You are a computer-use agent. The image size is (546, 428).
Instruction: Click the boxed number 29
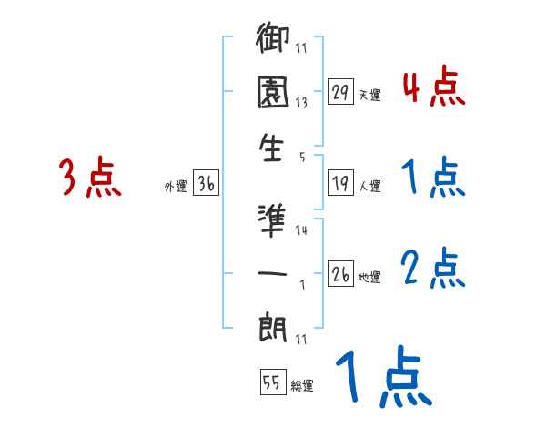340,92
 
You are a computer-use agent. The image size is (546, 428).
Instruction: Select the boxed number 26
340,274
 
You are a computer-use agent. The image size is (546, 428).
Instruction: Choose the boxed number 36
206,184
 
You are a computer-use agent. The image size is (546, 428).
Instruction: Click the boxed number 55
271,383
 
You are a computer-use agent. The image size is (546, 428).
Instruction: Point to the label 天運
369,95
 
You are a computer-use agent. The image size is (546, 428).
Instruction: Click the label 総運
301,386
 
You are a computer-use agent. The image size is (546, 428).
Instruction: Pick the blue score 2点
433,269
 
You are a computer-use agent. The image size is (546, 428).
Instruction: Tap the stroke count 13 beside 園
302,103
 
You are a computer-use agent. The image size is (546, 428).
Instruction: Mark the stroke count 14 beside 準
302,230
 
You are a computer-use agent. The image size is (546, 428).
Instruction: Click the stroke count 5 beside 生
302,156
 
